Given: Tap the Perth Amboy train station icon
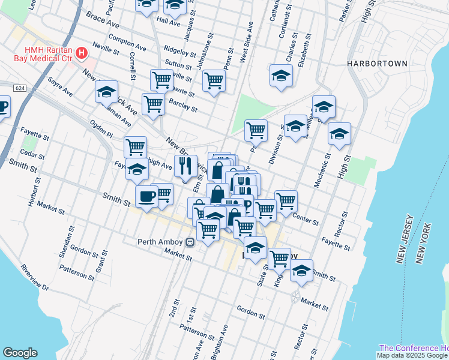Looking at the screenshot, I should [x=190, y=242].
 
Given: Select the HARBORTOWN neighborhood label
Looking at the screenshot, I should [x=377, y=63].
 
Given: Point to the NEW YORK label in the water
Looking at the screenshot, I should [x=424, y=243].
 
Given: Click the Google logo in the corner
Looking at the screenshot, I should [x=20, y=353].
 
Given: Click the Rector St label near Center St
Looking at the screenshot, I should [x=345, y=223].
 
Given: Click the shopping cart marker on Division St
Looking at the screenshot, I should [x=256, y=129].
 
